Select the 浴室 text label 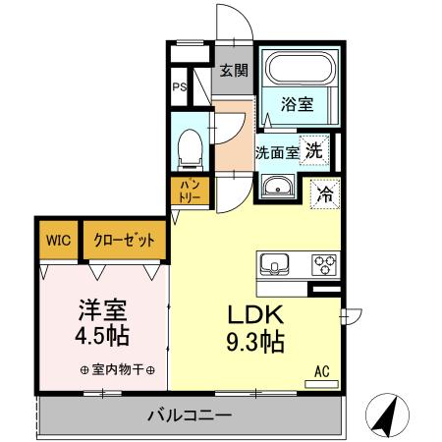[x=300, y=101]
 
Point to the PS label [x=180, y=87]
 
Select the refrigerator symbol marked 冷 [x=323, y=193]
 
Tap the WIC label [x=57, y=239]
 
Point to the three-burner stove [x=324, y=264]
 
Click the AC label [x=320, y=370]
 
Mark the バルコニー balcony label [x=190, y=414]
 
